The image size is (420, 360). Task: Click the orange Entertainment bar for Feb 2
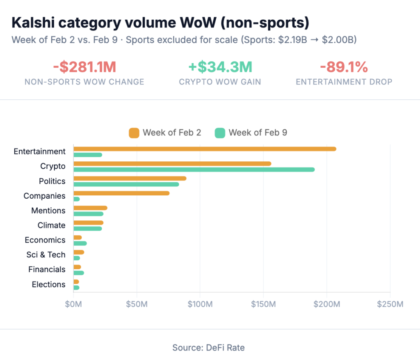(x=205, y=149)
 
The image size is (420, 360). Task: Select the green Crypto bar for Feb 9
(x=194, y=169)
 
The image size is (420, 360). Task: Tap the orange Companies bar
(x=121, y=193)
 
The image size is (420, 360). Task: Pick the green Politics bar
(x=126, y=184)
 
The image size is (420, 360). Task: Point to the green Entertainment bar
(x=88, y=155)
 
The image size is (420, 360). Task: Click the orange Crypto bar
(x=172, y=163)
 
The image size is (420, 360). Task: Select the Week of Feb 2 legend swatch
(x=134, y=133)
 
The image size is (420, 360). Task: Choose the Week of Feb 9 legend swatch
(x=220, y=133)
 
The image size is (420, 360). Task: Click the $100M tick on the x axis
(x=200, y=304)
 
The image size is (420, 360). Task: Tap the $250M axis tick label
(x=390, y=304)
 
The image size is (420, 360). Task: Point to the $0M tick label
(x=73, y=304)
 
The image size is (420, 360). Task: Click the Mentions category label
(x=48, y=211)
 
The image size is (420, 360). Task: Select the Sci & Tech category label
(x=46, y=255)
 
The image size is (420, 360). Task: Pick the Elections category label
(x=48, y=284)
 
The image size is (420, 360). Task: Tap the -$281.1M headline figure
(x=84, y=67)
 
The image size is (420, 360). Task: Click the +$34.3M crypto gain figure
(x=220, y=67)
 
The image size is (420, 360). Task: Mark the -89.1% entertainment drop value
(x=344, y=67)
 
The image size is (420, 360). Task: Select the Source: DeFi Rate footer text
(x=208, y=348)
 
